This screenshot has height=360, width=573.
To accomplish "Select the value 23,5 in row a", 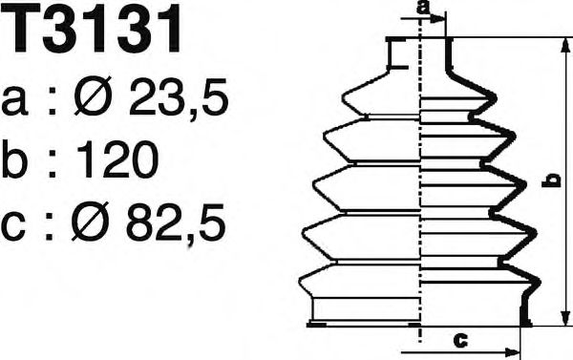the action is coord(179,96).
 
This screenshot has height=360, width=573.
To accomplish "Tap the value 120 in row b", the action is coord(118,159).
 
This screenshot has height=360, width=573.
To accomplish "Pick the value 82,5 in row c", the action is coord(176,222).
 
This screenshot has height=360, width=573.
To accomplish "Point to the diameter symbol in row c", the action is coord(90,222).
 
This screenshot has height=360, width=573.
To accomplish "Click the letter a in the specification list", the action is coord(14,101).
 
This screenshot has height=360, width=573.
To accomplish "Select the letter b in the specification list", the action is coord(14,159).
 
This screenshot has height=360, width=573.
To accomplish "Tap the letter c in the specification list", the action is coord(14,227).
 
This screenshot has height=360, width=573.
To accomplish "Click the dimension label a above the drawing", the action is coord(424,8).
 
